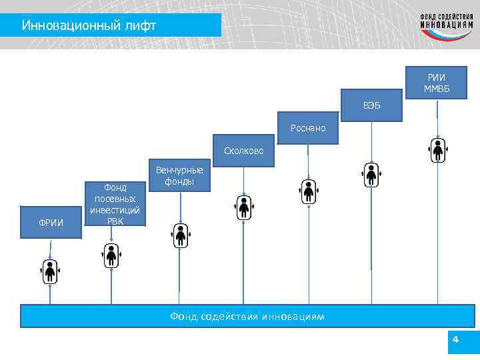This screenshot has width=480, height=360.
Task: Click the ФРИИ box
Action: point(51,222)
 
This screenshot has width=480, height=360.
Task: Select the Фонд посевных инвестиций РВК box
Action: point(115,203)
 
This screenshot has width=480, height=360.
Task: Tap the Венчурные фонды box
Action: point(179,175)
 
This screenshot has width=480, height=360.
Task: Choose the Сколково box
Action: point(243,151)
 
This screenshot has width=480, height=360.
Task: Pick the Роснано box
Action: point(308,128)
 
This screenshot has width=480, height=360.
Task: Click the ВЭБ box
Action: point(372,105)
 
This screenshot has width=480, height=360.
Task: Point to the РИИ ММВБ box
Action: point(436,84)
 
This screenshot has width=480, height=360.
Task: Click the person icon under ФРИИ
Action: point(50,271)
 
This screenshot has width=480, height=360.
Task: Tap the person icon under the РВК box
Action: point(111,254)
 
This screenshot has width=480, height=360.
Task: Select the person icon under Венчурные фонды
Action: point(180,235)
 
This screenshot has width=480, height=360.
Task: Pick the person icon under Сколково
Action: point(244,207)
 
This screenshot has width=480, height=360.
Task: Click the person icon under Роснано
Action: point(309,191)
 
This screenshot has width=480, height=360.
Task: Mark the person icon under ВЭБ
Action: point(372,175)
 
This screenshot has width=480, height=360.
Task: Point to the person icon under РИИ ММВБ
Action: point(437,151)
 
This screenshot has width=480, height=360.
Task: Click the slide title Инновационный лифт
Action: point(89,25)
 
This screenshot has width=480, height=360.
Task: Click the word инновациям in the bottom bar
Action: point(293,316)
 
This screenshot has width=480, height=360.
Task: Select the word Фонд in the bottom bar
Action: point(184,316)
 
